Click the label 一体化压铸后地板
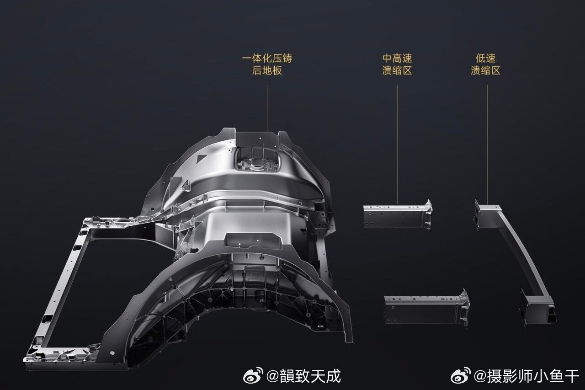[267, 64]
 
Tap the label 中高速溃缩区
[397, 64]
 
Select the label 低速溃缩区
[485, 64]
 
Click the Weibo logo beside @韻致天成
[253, 376]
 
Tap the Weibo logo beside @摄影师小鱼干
[461, 376]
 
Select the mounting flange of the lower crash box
[464, 307]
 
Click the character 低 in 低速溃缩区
[480, 59]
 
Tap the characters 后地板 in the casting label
[267, 70]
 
